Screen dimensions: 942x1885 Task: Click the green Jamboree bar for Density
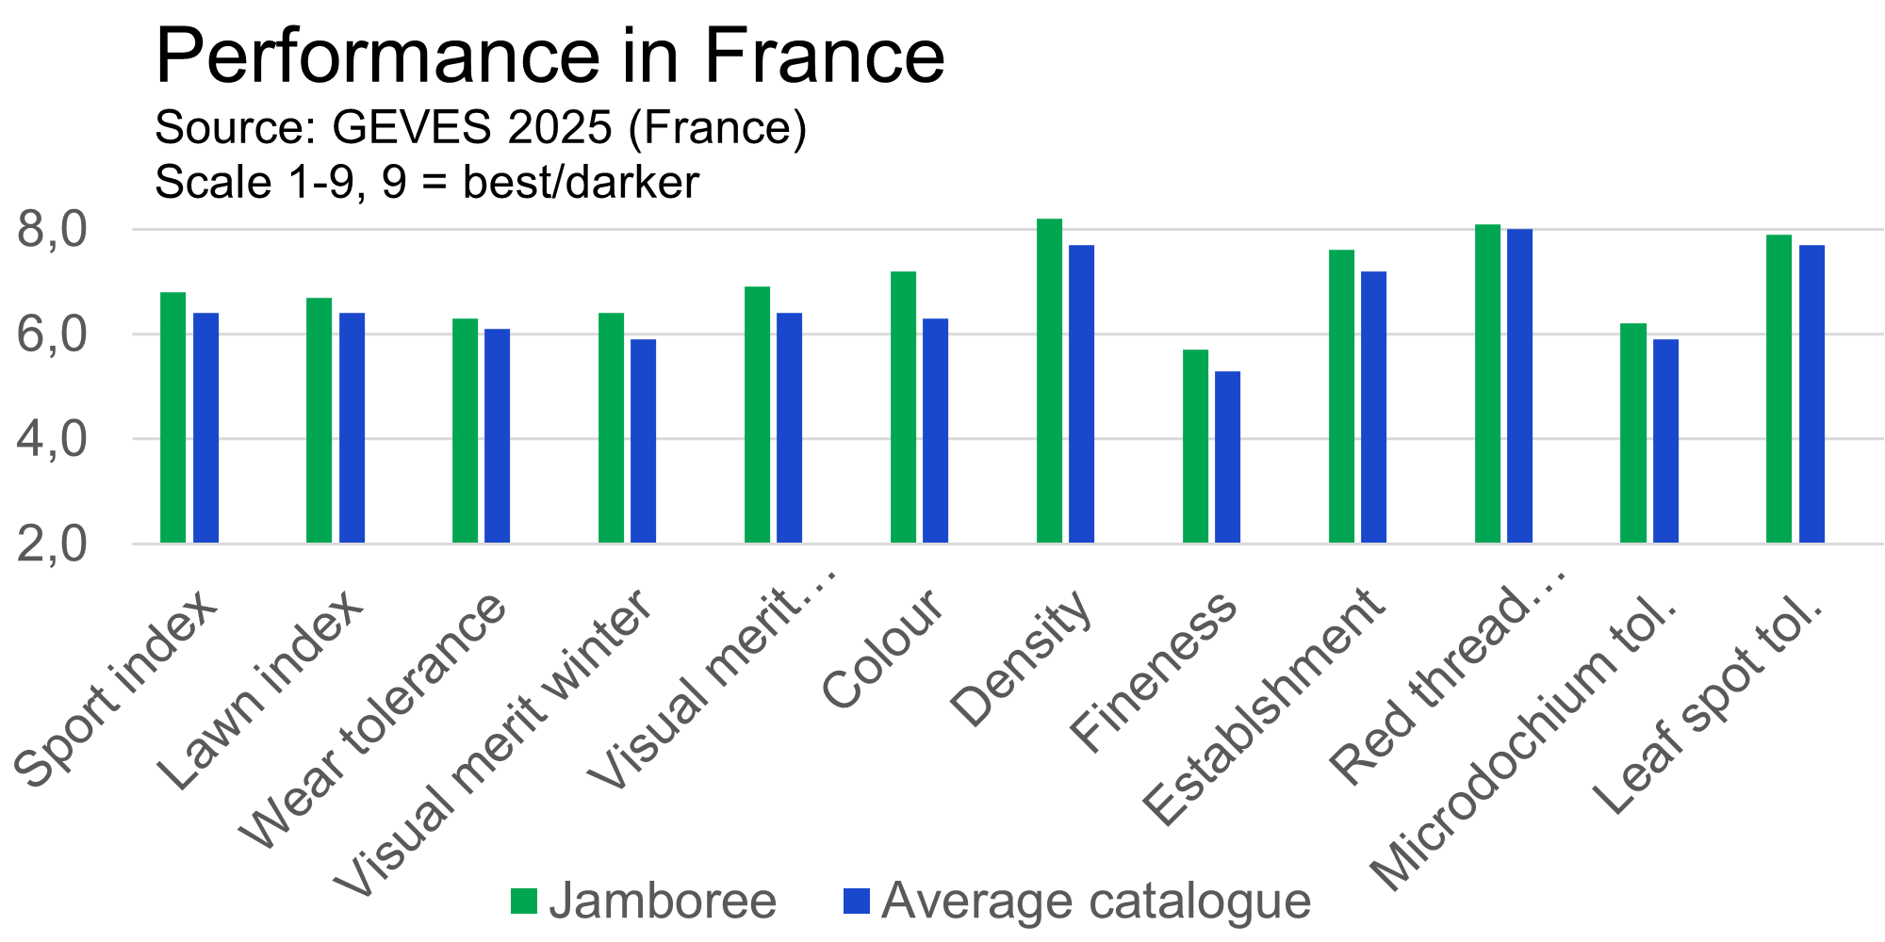(1050, 382)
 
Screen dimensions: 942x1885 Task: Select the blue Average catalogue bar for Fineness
(1228, 457)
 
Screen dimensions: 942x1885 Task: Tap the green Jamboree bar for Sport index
(173, 417)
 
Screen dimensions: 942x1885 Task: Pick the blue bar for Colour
(936, 430)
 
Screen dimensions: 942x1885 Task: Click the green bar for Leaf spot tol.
(1779, 389)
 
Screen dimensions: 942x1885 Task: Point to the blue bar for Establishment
(1374, 407)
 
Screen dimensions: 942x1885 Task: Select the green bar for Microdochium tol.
(1633, 433)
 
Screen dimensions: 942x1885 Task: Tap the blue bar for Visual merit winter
(644, 441)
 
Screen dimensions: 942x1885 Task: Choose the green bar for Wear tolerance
(466, 430)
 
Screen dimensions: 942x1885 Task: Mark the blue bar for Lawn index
(352, 428)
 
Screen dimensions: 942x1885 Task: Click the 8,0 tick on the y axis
(65, 231)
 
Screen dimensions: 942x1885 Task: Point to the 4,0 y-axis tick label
(65, 440)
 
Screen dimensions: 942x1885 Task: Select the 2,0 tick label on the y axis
(65, 545)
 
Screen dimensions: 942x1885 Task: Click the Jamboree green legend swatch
(524, 901)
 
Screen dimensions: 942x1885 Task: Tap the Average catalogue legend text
(1096, 901)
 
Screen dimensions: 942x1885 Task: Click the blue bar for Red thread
(1520, 386)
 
